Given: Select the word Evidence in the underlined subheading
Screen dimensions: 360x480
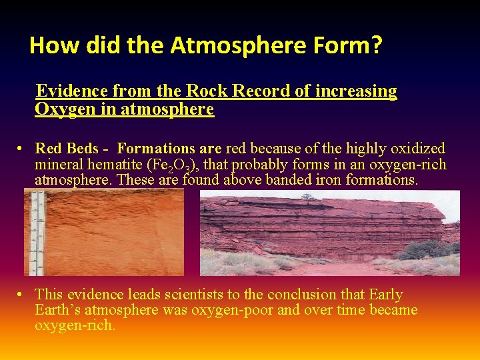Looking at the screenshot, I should click(x=71, y=91).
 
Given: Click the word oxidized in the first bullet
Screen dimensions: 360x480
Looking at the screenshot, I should click(x=419, y=148).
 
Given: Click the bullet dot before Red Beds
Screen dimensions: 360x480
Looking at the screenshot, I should click(x=22, y=149).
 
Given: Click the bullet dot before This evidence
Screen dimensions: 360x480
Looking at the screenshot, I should click(x=22, y=295).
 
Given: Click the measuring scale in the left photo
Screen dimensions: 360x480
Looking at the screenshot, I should click(x=37, y=233).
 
